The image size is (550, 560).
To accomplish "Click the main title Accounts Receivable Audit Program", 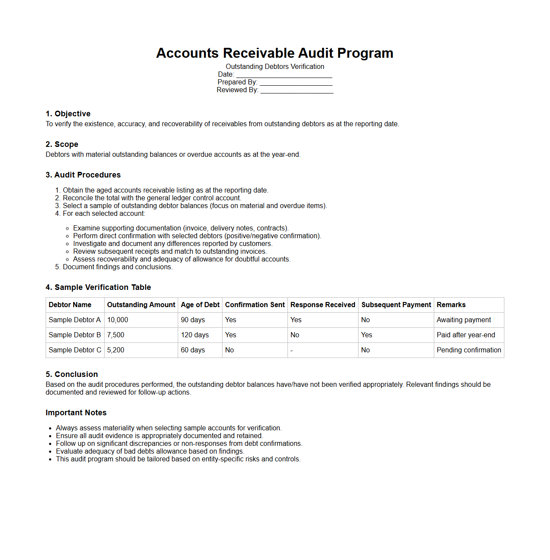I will click(x=275, y=53).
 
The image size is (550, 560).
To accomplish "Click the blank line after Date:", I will click(x=284, y=75).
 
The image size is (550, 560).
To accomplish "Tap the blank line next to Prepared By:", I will click(x=296, y=83).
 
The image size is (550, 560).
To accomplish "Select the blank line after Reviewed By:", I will click(x=297, y=90).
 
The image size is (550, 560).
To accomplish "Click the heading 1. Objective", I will click(x=68, y=114).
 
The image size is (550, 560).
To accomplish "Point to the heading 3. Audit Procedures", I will click(x=83, y=175).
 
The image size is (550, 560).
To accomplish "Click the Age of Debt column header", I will click(x=200, y=305).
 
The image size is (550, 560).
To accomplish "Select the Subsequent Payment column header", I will click(x=396, y=305).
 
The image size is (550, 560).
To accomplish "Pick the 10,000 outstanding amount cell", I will click(x=117, y=320).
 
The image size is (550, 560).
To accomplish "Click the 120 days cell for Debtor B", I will click(x=195, y=335).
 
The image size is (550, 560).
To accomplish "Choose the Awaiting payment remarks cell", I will click(x=463, y=320).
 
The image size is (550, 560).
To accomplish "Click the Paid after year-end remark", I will click(x=466, y=335).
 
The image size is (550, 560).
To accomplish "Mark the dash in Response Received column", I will click(x=292, y=351).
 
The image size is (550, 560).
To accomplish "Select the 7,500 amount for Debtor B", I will click(x=116, y=335).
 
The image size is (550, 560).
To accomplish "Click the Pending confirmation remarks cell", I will click(x=469, y=350).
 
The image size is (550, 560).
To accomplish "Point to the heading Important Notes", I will click(x=76, y=413).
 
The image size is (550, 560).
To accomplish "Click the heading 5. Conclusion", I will click(x=72, y=374).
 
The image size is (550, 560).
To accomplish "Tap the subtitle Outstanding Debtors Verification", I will click(x=275, y=67).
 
